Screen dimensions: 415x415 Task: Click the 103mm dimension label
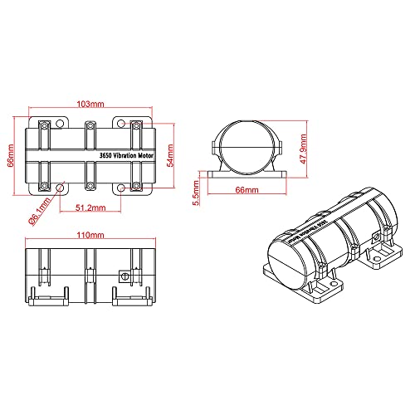point(90,105)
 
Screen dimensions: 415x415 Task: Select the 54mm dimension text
point(170,155)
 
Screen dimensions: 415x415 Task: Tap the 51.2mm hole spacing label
point(90,206)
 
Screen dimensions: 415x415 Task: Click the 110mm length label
point(90,237)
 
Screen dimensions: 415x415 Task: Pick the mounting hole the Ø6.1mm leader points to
point(58,186)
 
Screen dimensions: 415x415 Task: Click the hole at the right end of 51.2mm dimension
point(123,186)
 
